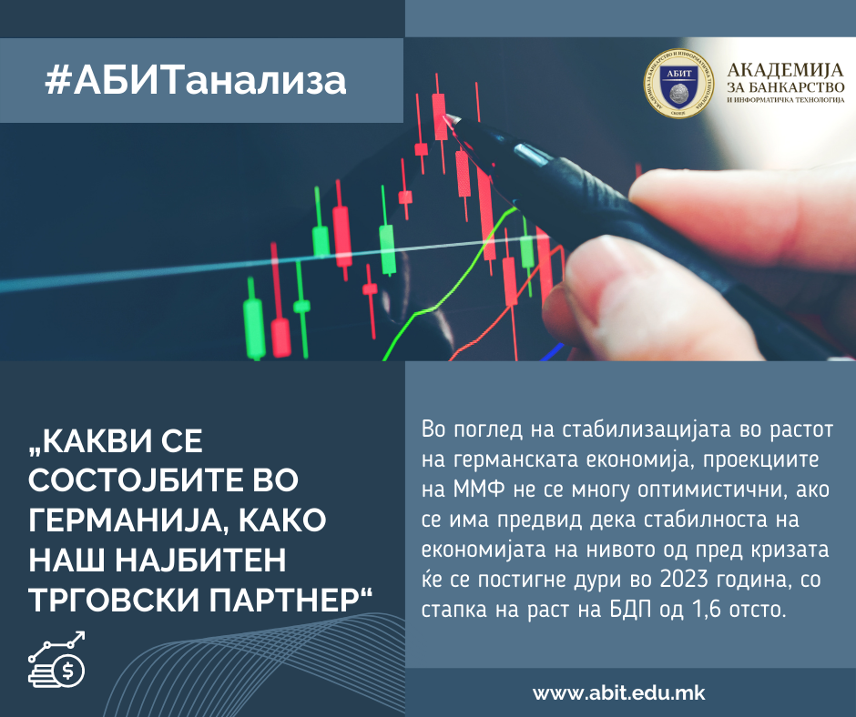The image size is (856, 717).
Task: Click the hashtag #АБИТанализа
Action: click(x=196, y=81)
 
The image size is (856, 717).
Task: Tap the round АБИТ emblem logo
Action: click(x=678, y=83)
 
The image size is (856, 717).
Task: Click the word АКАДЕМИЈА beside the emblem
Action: click(x=786, y=70)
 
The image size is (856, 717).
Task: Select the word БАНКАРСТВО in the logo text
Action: click(x=797, y=86)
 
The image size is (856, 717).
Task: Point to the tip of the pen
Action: click(x=446, y=116)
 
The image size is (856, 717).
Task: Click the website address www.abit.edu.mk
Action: click(x=619, y=693)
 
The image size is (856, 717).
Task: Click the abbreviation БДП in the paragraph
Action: click(x=630, y=609)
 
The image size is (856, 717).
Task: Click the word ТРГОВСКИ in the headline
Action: click(x=115, y=601)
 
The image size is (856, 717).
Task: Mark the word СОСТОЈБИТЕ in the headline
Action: click(x=163, y=480)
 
